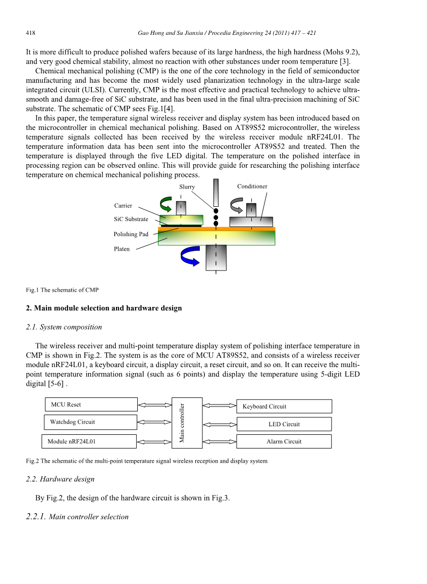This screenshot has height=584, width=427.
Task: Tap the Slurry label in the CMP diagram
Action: (187, 187)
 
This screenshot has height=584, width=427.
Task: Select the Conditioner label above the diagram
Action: (252, 187)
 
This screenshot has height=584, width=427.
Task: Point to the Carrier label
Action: (123, 206)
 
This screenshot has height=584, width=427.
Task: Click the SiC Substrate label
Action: (131, 219)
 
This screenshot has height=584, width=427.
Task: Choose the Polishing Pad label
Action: (131, 234)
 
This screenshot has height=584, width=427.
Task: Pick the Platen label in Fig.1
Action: (122, 249)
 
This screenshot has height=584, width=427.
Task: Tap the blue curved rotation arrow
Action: (192, 257)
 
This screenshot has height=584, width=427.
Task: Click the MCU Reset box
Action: (91, 405)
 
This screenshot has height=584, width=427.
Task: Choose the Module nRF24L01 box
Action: (89, 441)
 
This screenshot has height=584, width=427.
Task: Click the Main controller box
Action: (187, 423)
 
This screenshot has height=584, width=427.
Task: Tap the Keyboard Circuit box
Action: (284, 407)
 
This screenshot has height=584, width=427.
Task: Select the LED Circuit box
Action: (284, 424)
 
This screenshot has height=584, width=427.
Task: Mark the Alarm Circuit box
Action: (284, 441)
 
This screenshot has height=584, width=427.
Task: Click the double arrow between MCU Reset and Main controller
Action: (154, 405)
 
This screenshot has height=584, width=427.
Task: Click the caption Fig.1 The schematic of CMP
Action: (62, 290)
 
